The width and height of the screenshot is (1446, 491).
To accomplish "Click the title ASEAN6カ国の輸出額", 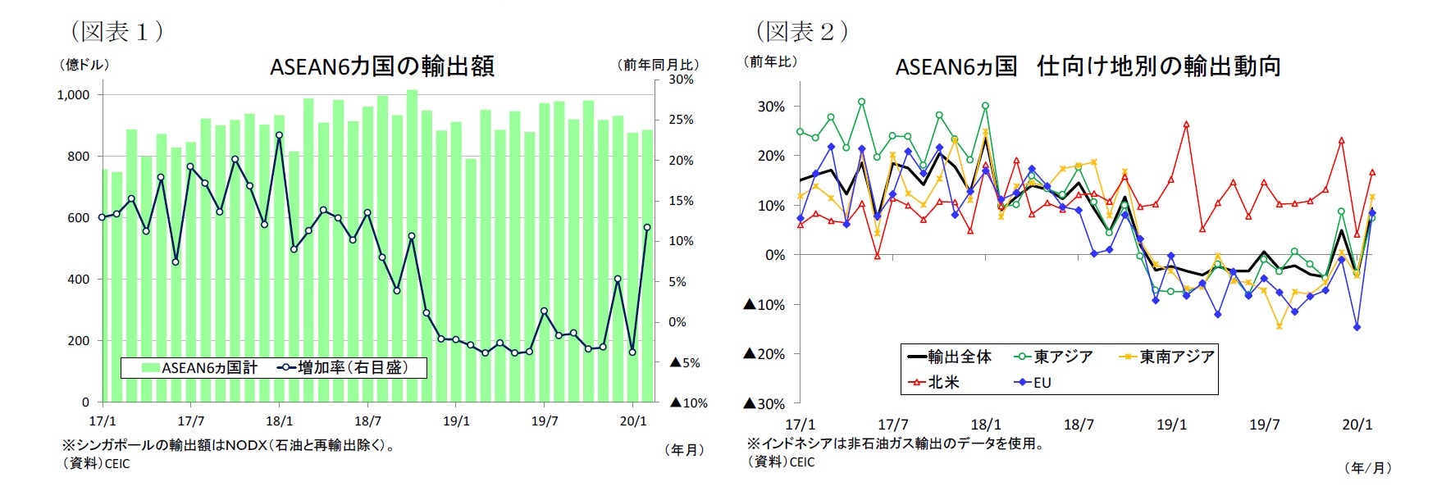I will (x=381, y=66).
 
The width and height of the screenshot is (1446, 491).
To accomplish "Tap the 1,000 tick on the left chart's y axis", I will (x=73, y=95).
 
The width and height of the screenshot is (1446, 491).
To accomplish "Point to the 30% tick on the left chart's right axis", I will (x=681, y=80).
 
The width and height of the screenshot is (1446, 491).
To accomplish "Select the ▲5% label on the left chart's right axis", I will (x=686, y=362).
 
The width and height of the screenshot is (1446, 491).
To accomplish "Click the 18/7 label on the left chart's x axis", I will (x=367, y=421).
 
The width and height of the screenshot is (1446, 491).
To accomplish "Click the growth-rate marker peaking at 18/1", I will (x=279, y=135).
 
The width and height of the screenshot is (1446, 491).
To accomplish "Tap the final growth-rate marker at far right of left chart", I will (x=647, y=228).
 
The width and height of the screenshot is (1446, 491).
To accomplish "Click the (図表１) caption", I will (x=116, y=31).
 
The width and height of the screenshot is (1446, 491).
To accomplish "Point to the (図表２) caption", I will (x=801, y=31).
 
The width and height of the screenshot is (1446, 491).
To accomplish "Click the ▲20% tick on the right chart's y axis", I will (x=764, y=354).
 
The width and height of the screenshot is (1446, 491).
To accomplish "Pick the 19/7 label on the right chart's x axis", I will (x=1264, y=425).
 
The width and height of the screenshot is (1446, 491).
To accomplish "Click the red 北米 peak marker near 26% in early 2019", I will (x=1186, y=125).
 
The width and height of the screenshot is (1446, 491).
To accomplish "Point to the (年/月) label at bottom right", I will (x=1367, y=468).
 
